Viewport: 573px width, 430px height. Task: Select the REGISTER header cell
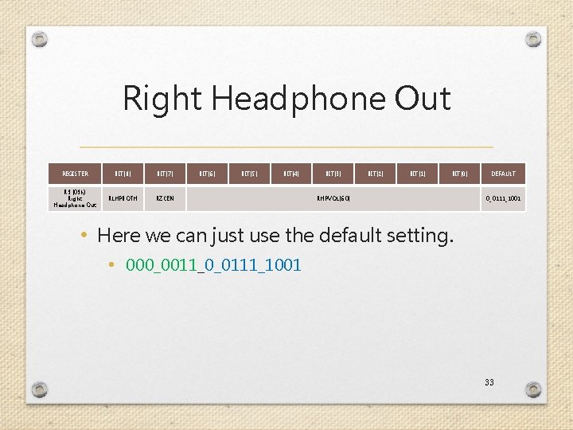click(75, 174)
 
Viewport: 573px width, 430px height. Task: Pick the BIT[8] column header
click(123, 174)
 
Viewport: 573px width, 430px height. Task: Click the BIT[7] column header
click(166, 174)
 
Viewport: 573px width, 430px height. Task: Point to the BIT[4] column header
click(291, 174)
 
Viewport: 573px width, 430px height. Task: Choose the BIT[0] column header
click(460, 174)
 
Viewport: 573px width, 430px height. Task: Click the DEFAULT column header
click(503, 174)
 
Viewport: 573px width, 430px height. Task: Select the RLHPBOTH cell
click(123, 198)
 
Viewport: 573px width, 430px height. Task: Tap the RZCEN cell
click(166, 198)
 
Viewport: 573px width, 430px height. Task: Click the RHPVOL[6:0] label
click(333, 198)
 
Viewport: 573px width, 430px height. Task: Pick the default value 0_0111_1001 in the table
click(503, 198)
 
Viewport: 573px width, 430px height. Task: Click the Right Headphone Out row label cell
click(75, 198)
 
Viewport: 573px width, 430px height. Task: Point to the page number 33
click(489, 382)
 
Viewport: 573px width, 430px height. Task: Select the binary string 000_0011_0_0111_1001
click(213, 265)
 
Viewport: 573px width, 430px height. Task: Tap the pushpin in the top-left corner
click(39, 38)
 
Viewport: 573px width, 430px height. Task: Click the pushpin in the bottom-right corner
click(533, 389)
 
